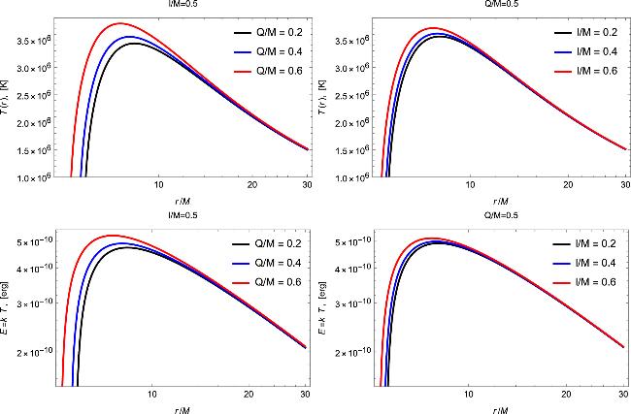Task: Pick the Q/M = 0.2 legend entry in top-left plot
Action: click(263, 32)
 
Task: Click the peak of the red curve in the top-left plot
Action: click(119, 23)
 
